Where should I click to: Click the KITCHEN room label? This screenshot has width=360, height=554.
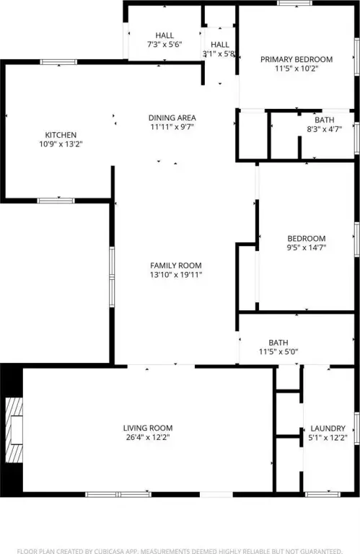pyautogui.click(x=61, y=135)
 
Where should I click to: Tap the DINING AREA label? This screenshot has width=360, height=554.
pyautogui.click(x=172, y=118)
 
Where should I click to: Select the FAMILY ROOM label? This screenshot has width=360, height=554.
pyautogui.click(x=176, y=265)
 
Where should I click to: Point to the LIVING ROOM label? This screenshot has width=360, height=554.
pyautogui.click(x=148, y=428)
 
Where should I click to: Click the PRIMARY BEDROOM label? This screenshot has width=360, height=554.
pyautogui.click(x=297, y=59)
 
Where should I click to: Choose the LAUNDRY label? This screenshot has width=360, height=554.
pyautogui.click(x=328, y=428)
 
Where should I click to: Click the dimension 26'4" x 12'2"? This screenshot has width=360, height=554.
pyautogui.click(x=148, y=437)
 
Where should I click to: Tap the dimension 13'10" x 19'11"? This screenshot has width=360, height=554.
pyautogui.click(x=176, y=275)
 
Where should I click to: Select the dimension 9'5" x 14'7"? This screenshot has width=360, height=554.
pyautogui.click(x=307, y=247)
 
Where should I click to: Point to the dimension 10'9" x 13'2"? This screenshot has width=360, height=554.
pyautogui.click(x=61, y=144)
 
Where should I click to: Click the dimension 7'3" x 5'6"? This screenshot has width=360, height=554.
pyautogui.click(x=164, y=45)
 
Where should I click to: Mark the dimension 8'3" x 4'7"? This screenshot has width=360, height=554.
pyautogui.click(x=325, y=129)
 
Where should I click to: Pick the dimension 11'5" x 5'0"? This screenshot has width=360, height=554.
pyautogui.click(x=278, y=352)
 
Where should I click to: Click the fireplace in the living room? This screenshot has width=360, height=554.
pyautogui.click(x=14, y=430)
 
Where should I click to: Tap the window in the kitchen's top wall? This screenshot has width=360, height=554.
pyautogui.click(x=58, y=62)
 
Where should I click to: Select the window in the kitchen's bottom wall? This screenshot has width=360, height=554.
pyautogui.click(x=56, y=201)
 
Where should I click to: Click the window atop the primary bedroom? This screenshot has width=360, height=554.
pyautogui.click(x=294, y=3)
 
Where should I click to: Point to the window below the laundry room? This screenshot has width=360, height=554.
pyautogui.click(x=322, y=494)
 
